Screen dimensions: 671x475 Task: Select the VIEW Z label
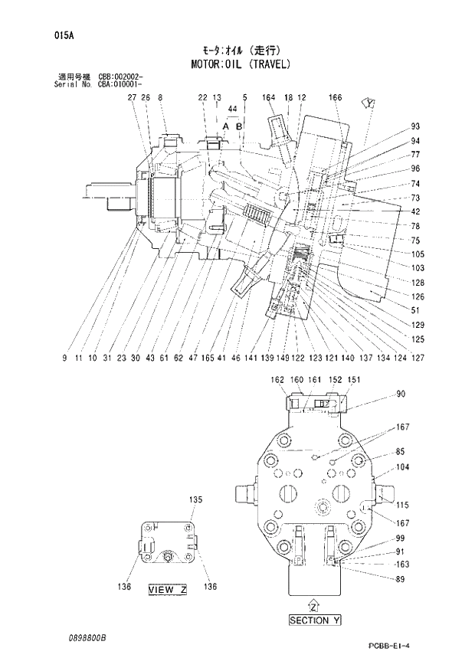[x=167, y=589]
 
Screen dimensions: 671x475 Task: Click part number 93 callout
[x=416, y=126]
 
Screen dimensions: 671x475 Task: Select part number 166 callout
[x=335, y=97]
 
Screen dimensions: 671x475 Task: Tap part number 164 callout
[x=268, y=97]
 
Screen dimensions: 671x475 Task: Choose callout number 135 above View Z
[x=195, y=500]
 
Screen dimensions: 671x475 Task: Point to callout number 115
[x=403, y=505]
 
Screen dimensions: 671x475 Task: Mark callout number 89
[x=401, y=579]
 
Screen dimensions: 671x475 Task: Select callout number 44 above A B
[x=232, y=110]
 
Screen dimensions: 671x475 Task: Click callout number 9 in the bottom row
[x=65, y=357]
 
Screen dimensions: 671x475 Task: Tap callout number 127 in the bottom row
[x=418, y=357]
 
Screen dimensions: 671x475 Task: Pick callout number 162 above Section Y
[x=277, y=379]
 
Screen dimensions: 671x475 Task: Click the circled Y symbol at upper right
[x=370, y=103]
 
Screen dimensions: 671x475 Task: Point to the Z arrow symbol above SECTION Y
[x=313, y=603]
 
